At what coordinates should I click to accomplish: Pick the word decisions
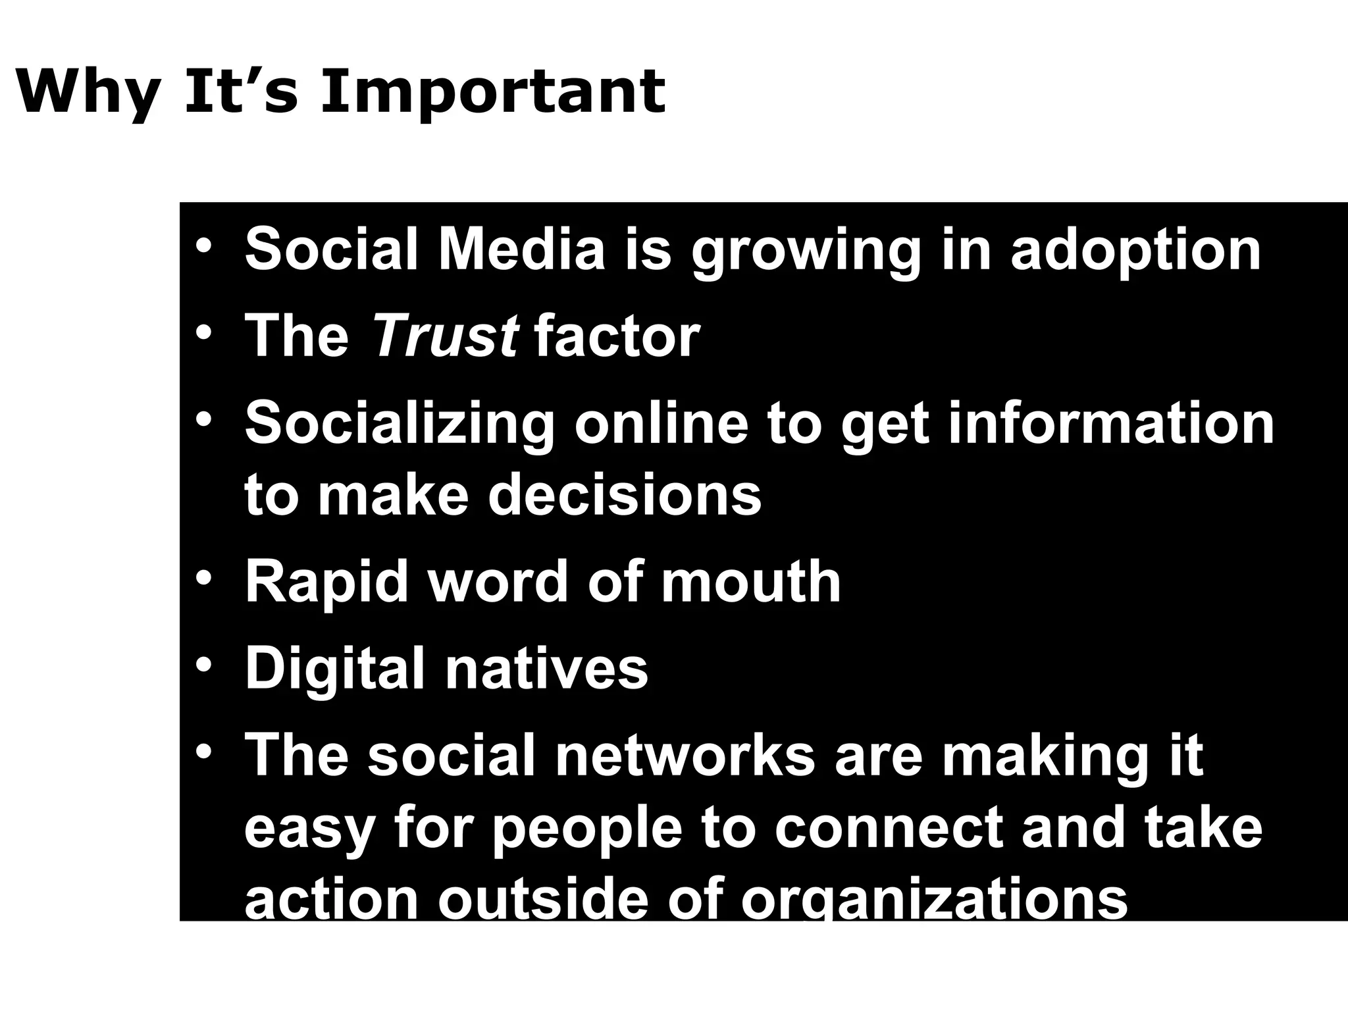tap(625, 495)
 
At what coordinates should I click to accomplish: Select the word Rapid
tap(326, 583)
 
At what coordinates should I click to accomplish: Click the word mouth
tap(750, 582)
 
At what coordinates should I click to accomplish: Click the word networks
tap(685, 756)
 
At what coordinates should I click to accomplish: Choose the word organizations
tap(934, 900)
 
